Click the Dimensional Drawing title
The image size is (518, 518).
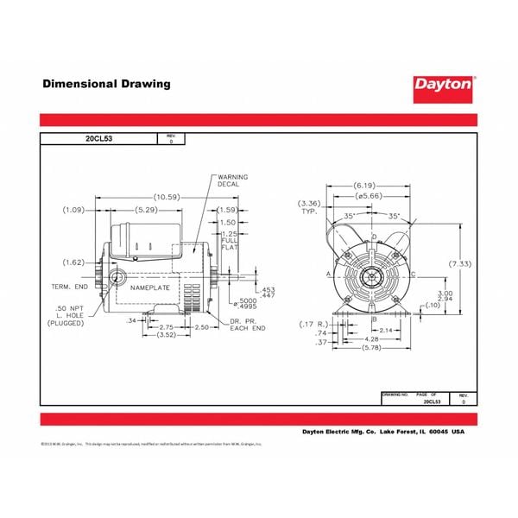coord(107,84)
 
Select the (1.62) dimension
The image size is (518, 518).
coord(74,262)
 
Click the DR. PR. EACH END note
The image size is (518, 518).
coord(247,325)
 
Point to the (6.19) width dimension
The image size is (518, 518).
coord(364,186)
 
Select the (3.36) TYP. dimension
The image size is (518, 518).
coord(311,206)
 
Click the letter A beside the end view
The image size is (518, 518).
coord(329,274)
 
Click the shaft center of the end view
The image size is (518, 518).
coord(373,276)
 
